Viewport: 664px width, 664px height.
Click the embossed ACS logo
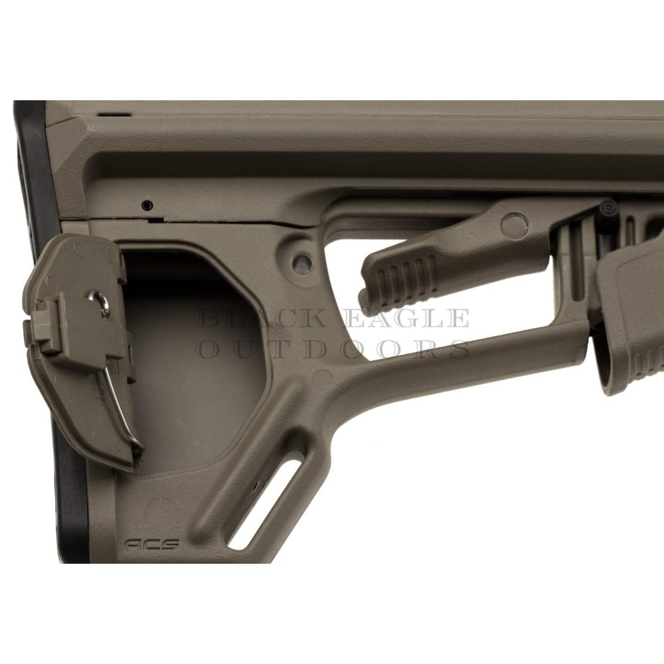coord(151,544)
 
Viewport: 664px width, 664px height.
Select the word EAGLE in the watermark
coord(406,319)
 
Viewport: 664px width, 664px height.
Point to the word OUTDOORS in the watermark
coord(333,350)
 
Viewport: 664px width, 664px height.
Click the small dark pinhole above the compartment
coord(147,205)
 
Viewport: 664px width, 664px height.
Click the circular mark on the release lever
coord(514,224)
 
